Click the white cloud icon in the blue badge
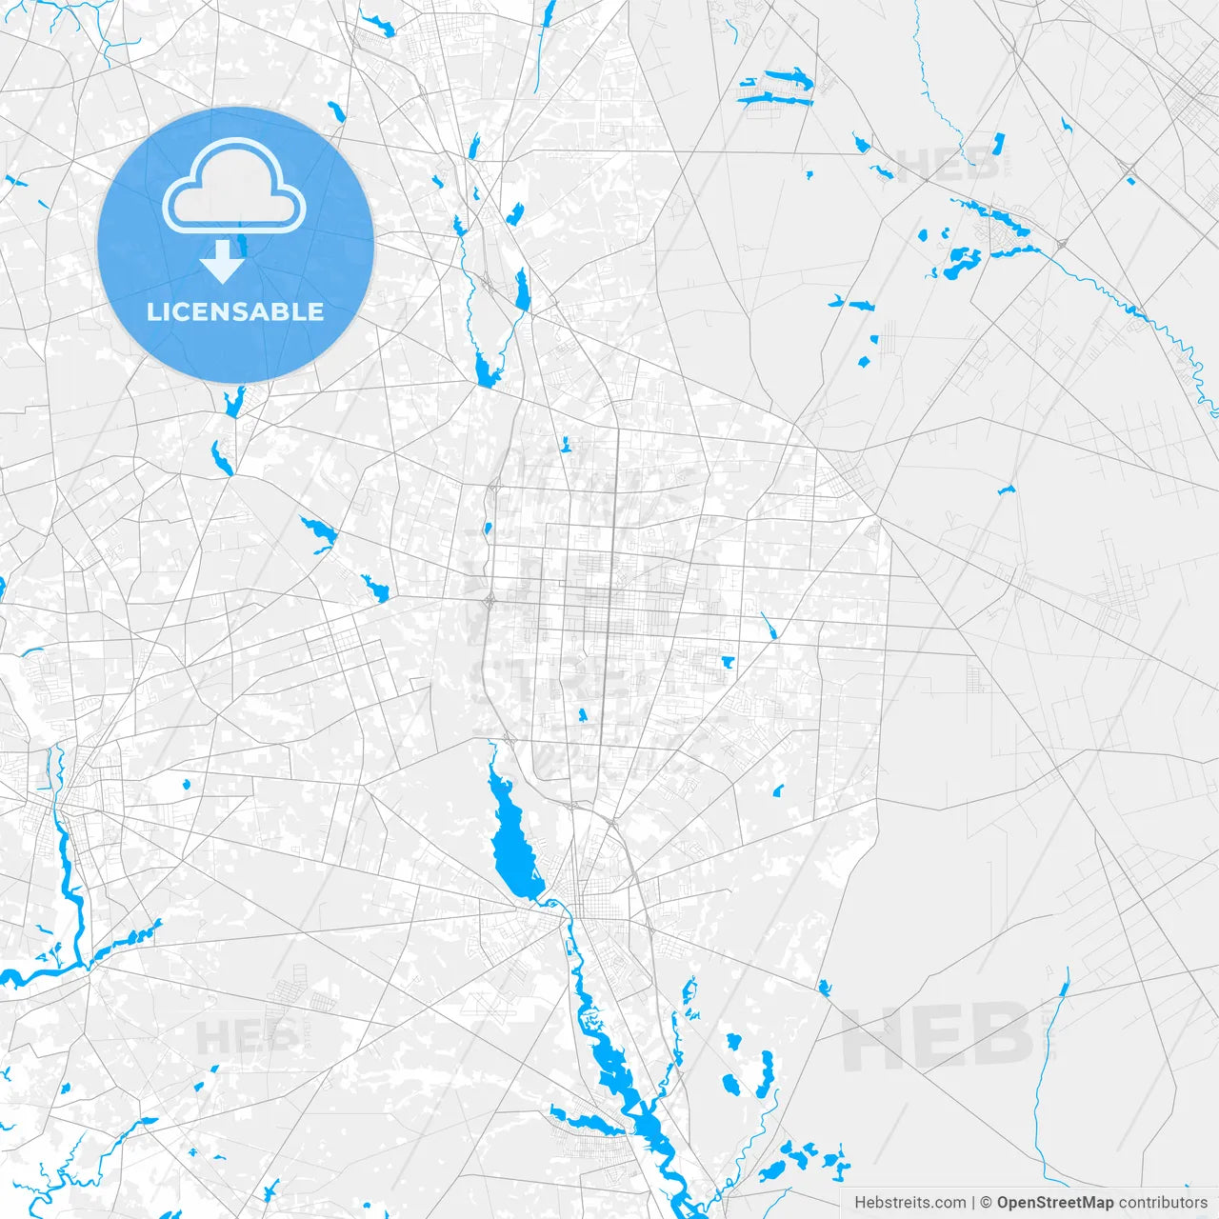(x=234, y=186)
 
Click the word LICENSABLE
(x=235, y=311)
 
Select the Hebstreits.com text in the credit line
(x=909, y=1203)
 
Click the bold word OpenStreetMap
(x=1055, y=1203)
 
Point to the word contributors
(x=1163, y=1203)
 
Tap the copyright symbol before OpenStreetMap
(x=987, y=1203)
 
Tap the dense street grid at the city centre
(x=609, y=609)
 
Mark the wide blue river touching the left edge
(x=29, y=976)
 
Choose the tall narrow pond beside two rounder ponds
(x=767, y=1071)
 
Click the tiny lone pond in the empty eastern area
(x=1006, y=490)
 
